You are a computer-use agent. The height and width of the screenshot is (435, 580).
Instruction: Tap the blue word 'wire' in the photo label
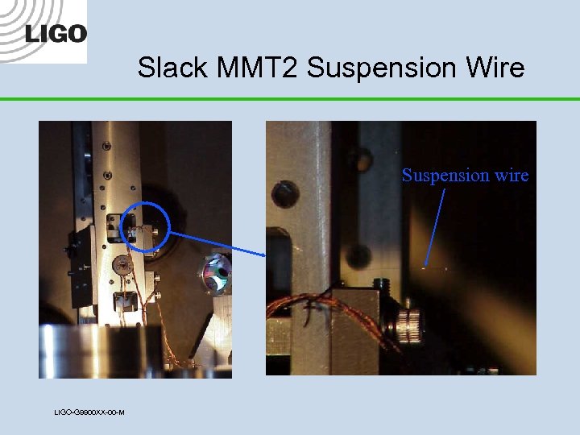tap(512, 175)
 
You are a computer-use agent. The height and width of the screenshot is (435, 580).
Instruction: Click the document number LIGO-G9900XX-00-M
tap(89, 412)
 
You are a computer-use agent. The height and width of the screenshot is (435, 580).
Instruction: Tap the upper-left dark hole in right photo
tap(284, 193)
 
